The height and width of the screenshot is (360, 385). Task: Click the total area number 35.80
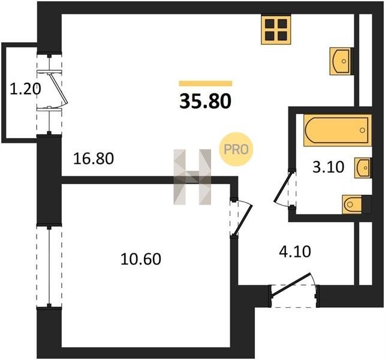206,101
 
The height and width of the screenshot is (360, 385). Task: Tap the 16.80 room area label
94,158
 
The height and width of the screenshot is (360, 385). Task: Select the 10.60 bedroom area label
141,259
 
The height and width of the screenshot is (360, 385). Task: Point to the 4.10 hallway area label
295,251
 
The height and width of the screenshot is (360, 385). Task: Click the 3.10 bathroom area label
328,167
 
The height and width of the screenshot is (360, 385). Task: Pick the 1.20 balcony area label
25,89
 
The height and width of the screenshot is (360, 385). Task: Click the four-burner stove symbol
276,30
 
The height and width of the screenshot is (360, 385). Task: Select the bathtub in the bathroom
337,130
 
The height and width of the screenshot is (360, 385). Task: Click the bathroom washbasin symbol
363,168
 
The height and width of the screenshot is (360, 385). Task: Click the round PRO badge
236,149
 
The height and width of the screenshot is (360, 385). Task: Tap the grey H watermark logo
192,177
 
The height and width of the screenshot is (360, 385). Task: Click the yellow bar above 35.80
206,83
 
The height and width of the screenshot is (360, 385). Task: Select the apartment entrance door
291,285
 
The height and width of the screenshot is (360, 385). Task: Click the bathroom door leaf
284,186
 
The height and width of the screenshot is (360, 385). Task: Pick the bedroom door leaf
243,220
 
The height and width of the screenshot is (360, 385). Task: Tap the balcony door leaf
58,88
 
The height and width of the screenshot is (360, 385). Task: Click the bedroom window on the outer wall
49,266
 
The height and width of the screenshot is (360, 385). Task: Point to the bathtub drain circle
362,130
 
